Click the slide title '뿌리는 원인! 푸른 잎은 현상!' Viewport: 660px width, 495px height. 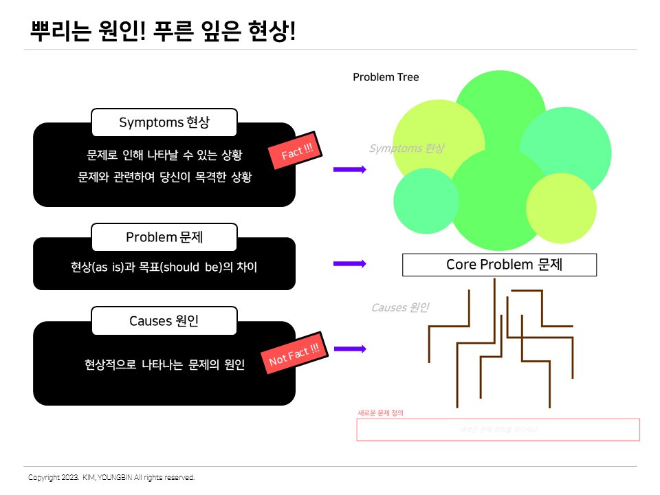click(x=164, y=31)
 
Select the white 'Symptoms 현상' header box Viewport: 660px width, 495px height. click(x=164, y=122)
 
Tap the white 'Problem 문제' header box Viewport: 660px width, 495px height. click(x=164, y=237)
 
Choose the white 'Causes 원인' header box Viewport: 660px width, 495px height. click(x=164, y=320)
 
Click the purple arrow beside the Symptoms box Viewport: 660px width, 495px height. click(x=350, y=168)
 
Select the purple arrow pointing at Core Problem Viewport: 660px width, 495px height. click(x=350, y=263)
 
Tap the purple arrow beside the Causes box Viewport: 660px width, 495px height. click(x=350, y=349)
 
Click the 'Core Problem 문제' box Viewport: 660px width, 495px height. click(x=499, y=265)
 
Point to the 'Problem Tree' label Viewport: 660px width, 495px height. click(x=386, y=77)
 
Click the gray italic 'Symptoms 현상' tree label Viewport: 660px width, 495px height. click(x=406, y=148)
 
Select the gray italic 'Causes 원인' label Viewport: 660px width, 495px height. click(x=400, y=307)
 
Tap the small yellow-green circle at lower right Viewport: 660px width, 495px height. click(x=561, y=208)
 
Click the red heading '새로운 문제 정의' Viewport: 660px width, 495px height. click(x=380, y=413)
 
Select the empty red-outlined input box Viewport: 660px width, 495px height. click(x=498, y=430)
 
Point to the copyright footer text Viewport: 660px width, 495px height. click(x=111, y=477)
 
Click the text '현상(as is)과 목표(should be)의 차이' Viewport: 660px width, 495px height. click(x=164, y=267)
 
